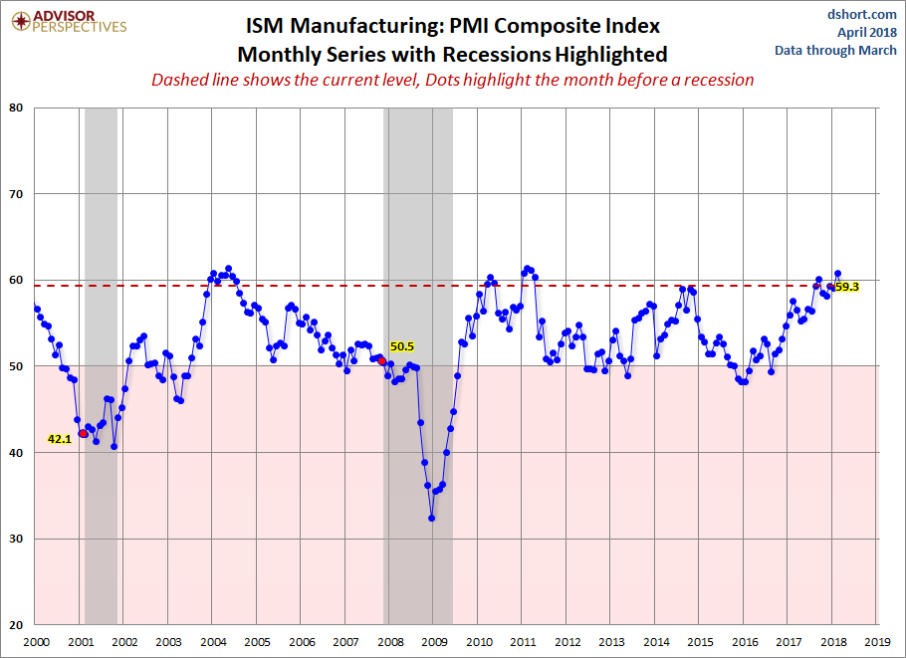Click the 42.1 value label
(60, 438)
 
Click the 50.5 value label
(402, 346)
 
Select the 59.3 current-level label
(847, 287)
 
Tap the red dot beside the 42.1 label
(83, 433)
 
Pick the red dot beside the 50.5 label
(380, 360)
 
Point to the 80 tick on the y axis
(18, 108)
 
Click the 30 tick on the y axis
(18, 539)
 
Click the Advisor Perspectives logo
(66, 21)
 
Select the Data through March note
(849, 50)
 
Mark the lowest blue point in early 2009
(432, 518)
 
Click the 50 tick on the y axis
(18, 366)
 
